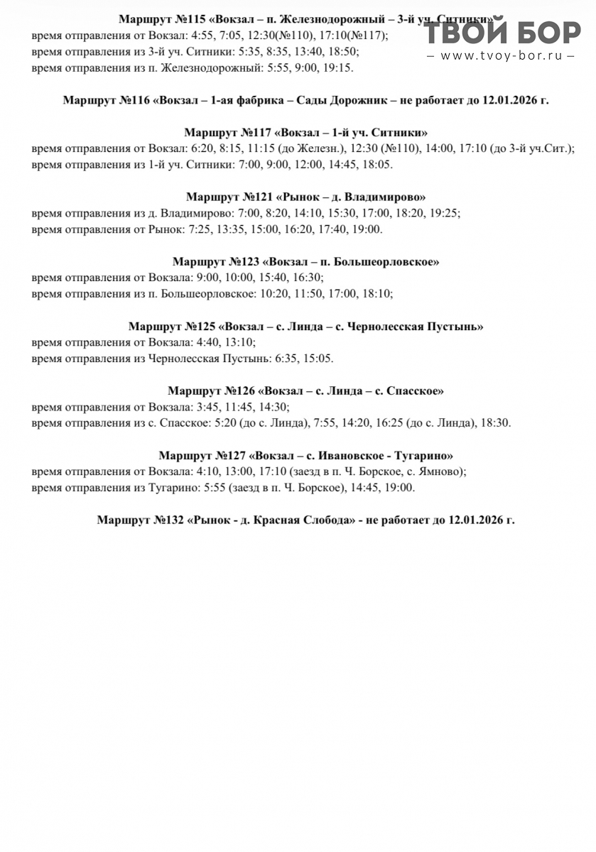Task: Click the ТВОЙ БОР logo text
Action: [x=504, y=33]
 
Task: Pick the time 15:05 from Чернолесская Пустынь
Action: [x=318, y=358]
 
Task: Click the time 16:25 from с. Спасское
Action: [x=389, y=422]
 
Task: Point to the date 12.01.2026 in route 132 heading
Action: [x=476, y=520]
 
